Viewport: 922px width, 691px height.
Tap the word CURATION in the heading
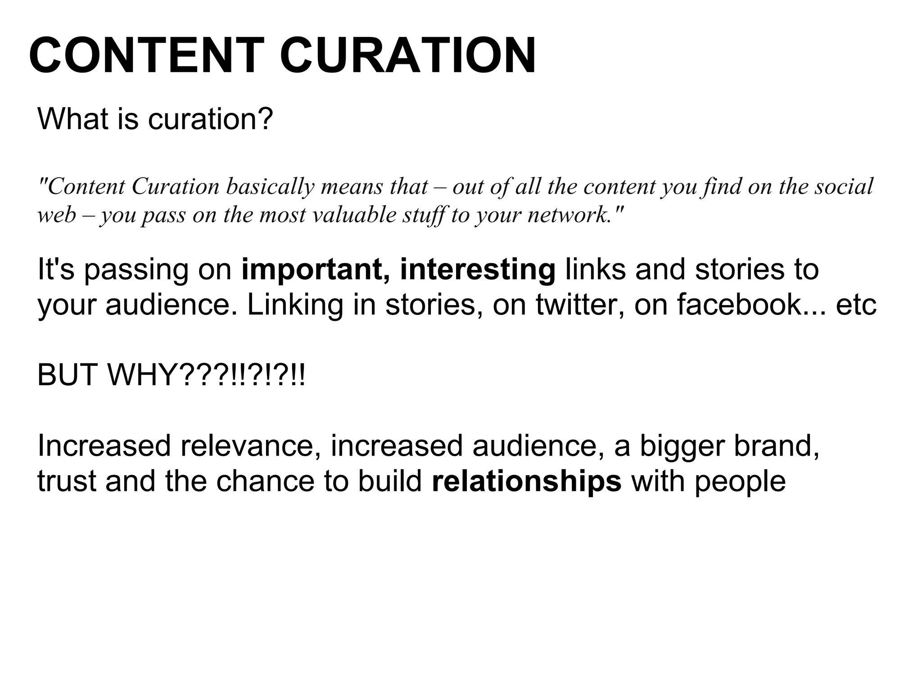(x=408, y=56)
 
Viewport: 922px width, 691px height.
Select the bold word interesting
(x=478, y=270)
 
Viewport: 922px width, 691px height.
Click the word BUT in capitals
(x=68, y=375)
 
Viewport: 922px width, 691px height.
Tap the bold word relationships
(x=526, y=481)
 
